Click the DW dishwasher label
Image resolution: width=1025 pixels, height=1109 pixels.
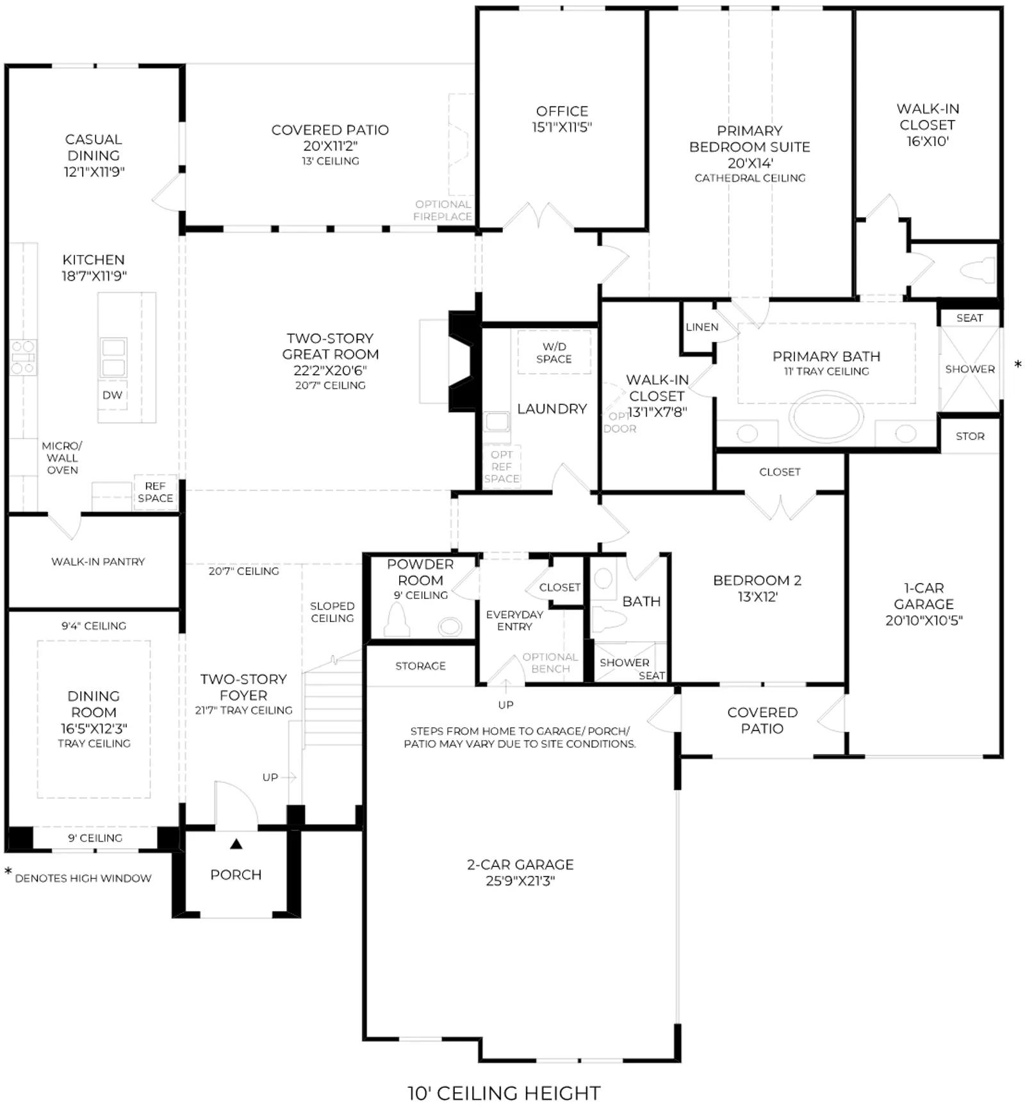(112, 395)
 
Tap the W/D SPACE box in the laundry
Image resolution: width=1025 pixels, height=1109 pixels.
(554, 352)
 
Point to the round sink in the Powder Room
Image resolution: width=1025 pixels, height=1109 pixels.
(450, 626)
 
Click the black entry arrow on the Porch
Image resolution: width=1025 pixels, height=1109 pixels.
(236, 844)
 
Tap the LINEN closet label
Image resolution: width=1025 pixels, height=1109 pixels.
(701, 327)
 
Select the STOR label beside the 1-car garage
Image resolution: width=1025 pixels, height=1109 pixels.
(970, 436)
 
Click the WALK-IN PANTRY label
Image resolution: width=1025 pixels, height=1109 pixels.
(98, 561)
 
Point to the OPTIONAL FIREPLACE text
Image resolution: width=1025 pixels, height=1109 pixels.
(443, 210)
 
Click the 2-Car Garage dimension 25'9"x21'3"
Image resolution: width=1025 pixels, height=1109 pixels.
(520, 880)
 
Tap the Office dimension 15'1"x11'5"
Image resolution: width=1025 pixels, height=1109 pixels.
(562, 127)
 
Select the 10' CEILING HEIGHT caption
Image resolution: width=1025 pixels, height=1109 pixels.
(504, 1092)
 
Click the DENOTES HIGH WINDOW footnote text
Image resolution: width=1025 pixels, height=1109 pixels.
(83, 878)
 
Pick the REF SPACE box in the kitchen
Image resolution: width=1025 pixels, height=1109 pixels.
(155, 492)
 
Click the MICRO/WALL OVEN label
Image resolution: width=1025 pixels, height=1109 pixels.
(62, 457)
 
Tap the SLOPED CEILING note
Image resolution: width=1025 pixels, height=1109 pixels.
(332, 612)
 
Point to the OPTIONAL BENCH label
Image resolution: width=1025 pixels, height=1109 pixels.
(550, 662)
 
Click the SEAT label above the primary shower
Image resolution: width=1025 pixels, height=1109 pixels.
(969, 318)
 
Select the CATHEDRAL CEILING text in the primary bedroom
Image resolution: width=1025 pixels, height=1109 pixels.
(750, 177)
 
